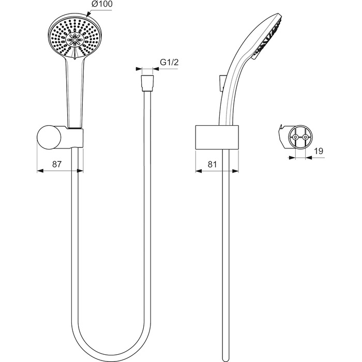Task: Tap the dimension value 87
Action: (x=57, y=164)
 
